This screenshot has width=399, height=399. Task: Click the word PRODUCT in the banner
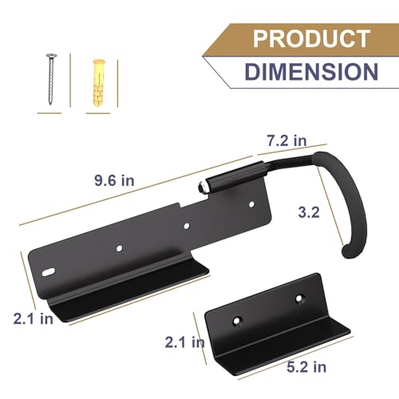[x=311, y=38]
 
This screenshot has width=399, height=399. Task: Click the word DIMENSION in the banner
[x=311, y=72]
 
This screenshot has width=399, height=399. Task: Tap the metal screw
[x=51, y=79]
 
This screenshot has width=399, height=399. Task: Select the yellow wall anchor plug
[x=99, y=83]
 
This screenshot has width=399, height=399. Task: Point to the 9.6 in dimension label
[x=114, y=180]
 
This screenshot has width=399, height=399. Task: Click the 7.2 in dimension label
[x=287, y=140]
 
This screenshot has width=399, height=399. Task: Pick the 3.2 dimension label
[x=309, y=212]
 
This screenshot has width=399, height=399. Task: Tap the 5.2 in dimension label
[x=306, y=367]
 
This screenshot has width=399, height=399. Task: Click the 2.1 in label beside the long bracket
[x=34, y=318]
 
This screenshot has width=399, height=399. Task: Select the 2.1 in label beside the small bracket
[x=185, y=342]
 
